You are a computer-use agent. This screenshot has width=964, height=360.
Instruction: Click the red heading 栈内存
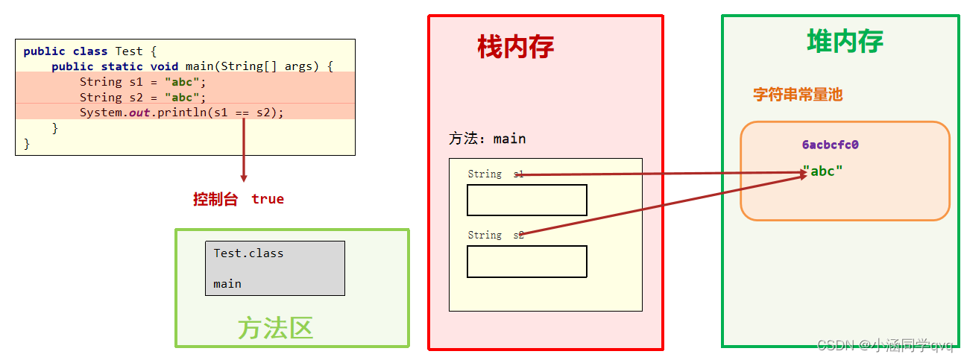[516, 47]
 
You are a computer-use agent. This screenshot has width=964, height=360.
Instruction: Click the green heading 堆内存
[845, 40]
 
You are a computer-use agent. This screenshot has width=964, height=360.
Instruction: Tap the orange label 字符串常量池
[797, 95]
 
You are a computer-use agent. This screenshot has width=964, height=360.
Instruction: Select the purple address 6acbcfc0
[830, 145]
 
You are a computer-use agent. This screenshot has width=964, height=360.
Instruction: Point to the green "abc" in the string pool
[822, 171]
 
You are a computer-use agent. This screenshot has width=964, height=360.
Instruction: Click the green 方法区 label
[275, 328]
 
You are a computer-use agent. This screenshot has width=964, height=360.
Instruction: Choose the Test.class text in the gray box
[248, 253]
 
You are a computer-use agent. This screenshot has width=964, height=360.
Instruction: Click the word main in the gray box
[227, 284]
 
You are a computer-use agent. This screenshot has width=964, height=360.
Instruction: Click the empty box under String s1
[526, 200]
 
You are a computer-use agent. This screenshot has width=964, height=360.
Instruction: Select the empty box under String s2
[526, 262]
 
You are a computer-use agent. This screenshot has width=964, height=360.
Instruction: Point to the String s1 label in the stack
[495, 174]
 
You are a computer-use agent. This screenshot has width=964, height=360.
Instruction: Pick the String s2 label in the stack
[495, 235]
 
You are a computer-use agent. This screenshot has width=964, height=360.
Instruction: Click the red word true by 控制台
[268, 199]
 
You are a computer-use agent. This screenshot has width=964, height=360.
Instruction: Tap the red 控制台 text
[215, 199]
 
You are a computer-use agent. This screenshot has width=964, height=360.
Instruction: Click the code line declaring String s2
[142, 98]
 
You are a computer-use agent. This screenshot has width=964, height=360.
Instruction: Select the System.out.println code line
[182, 113]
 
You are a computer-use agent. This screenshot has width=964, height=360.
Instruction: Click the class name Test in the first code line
[128, 51]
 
